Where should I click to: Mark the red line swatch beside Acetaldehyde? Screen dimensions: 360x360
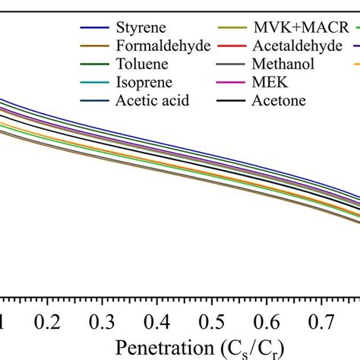click(232, 47)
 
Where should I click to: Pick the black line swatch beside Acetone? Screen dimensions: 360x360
click(232, 99)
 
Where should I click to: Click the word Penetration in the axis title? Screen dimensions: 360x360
click(156, 346)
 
